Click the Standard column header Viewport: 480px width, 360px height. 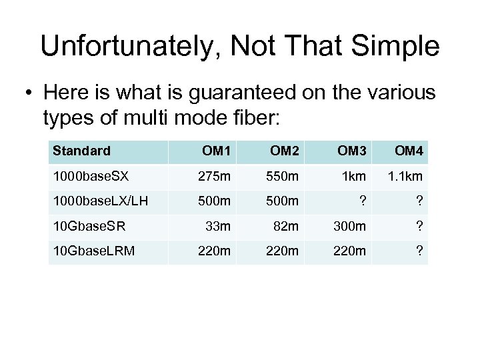(81, 151)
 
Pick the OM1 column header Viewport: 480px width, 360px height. (217, 151)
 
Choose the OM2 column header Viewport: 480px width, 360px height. (284, 151)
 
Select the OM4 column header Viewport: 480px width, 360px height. (409, 151)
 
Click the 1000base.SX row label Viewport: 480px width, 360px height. (93, 177)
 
